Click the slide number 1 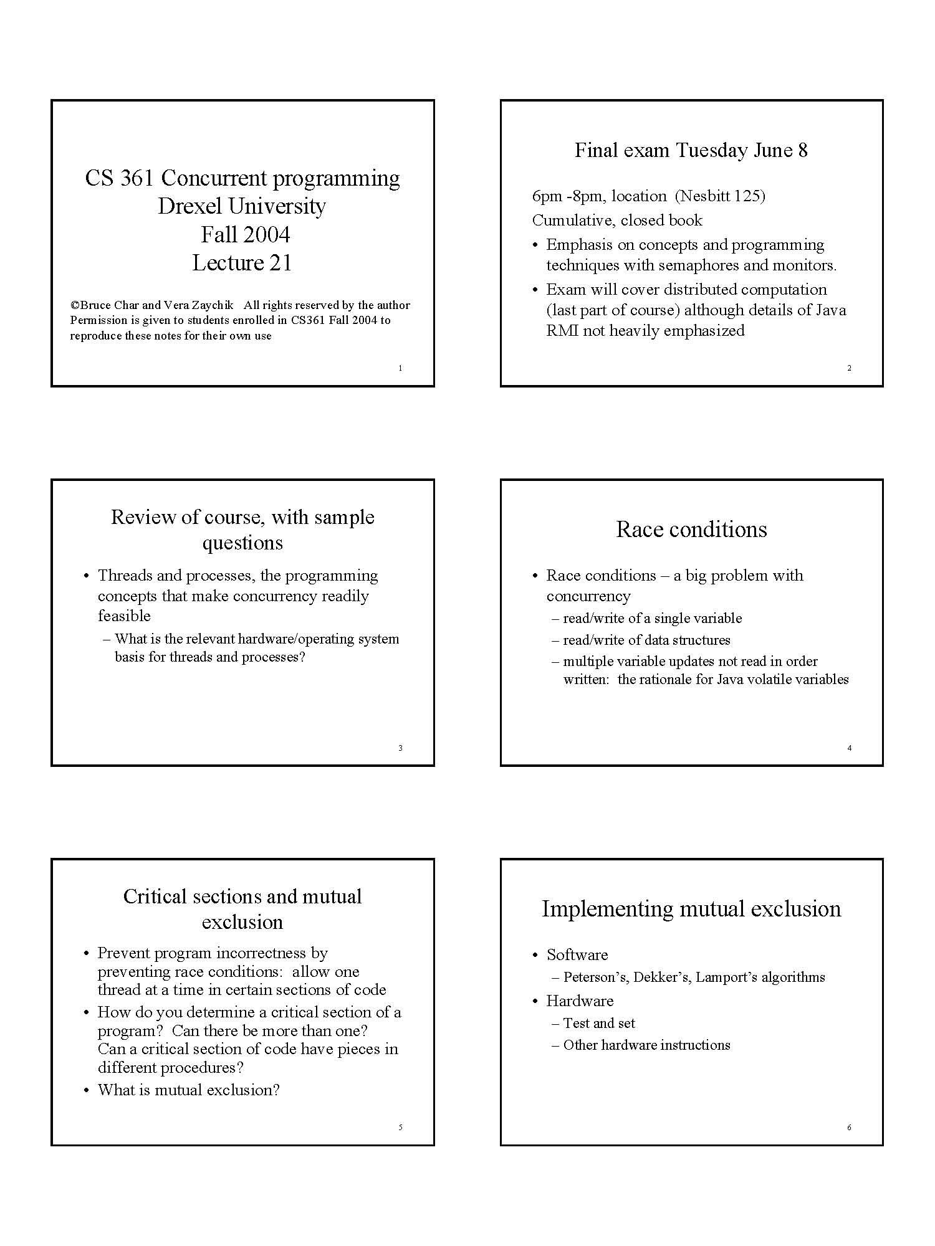tap(400, 368)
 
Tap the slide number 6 tap(849, 1128)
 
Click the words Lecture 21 tap(242, 263)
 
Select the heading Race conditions tap(691, 530)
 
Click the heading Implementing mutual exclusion tap(691, 909)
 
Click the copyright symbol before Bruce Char tap(74, 305)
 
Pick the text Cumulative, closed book tap(617, 221)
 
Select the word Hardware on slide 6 tap(580, 1001)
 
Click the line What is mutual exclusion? tap(188, 1090)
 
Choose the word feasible tap(124, 616)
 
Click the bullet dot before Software tap(535, 956)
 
